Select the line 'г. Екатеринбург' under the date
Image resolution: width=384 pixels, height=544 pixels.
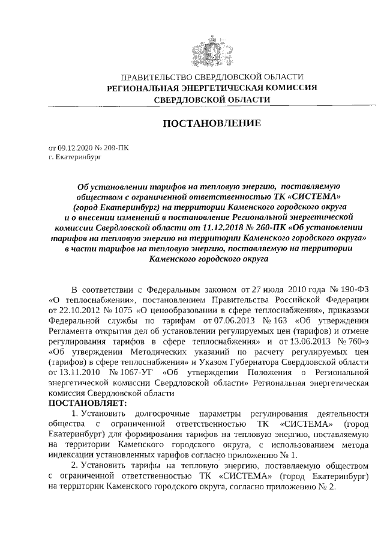(x=75, y=156)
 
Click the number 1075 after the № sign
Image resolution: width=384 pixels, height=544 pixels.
(x=122, y=310)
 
